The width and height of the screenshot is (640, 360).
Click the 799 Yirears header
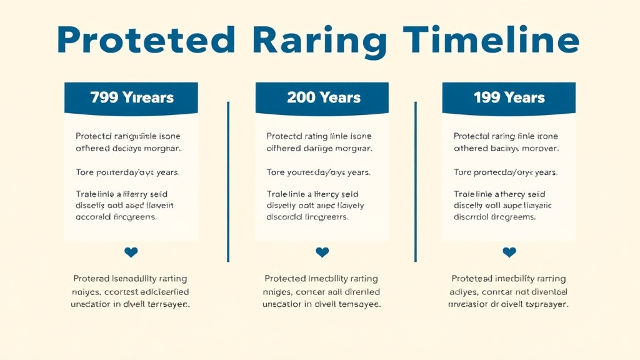click(x=131, y=97)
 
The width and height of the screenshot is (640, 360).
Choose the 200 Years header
click(x=323, y=97)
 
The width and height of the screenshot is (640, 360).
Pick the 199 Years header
click(x=509, y=97)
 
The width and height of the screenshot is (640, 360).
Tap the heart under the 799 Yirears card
click(x=131, y=252)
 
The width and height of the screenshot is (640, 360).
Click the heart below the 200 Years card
click(x=322, y=252)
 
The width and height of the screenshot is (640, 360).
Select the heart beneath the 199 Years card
click(x=509, y=252)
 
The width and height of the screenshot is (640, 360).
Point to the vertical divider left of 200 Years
click(x=228, y=181)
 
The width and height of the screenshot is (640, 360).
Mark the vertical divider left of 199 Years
click(x=415, y=181)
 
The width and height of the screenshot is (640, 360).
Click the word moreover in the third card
click(x=538, y=149)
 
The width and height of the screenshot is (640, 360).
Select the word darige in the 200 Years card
click(x=317, y=149)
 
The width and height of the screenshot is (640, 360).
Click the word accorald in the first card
click(x=96, y=217)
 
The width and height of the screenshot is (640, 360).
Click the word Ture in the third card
click(x=462, y=172)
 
